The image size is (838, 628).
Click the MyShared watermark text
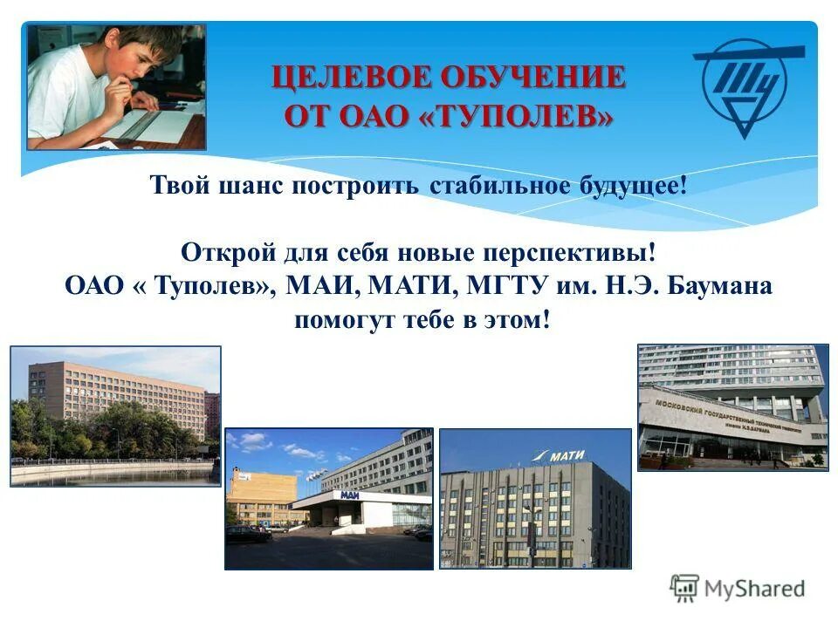(x=755, y=588)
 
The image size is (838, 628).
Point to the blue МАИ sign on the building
(x=350, y=495)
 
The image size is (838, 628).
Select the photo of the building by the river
(x=115, y=415)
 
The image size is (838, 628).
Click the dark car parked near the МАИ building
(x=248, y=533)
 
